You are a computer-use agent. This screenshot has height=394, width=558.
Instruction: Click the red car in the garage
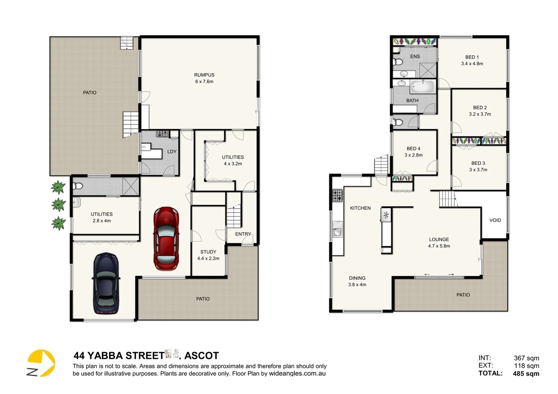click(x=166, y=239)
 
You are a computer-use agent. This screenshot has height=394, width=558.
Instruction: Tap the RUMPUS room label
click(x=204, y=75)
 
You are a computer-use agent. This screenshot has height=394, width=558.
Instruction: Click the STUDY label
click(x=208, y=252)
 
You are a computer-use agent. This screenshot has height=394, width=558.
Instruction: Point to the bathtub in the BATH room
click(x=423, y=87)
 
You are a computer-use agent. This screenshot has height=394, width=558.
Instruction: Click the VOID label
click(x=495, y=220)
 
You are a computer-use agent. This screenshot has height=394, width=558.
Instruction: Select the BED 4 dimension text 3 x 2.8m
click(x=413, y=155)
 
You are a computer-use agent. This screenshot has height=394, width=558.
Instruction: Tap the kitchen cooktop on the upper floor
click(x=337, y=195)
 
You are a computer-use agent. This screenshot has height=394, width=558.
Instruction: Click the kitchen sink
click(x=337, y=231)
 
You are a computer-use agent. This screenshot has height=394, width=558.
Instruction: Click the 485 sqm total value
click(x=526, y=374)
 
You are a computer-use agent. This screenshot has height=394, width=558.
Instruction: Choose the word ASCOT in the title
click(x=202, y=356)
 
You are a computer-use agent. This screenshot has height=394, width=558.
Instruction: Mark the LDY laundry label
click(x=172, y=151)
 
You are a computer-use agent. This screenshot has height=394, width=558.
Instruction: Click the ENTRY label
click(x=243, y=234)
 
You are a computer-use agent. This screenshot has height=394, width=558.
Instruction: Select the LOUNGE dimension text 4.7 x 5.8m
click(x=439, y=246)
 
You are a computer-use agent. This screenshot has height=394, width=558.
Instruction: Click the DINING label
click(x=357, y=278)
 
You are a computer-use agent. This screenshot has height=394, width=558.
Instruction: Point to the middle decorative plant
click(x=58, y=204)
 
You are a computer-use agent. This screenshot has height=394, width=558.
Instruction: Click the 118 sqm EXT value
click(x=527, y=366)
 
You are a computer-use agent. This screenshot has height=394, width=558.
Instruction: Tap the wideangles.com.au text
click(x=297, y=374)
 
